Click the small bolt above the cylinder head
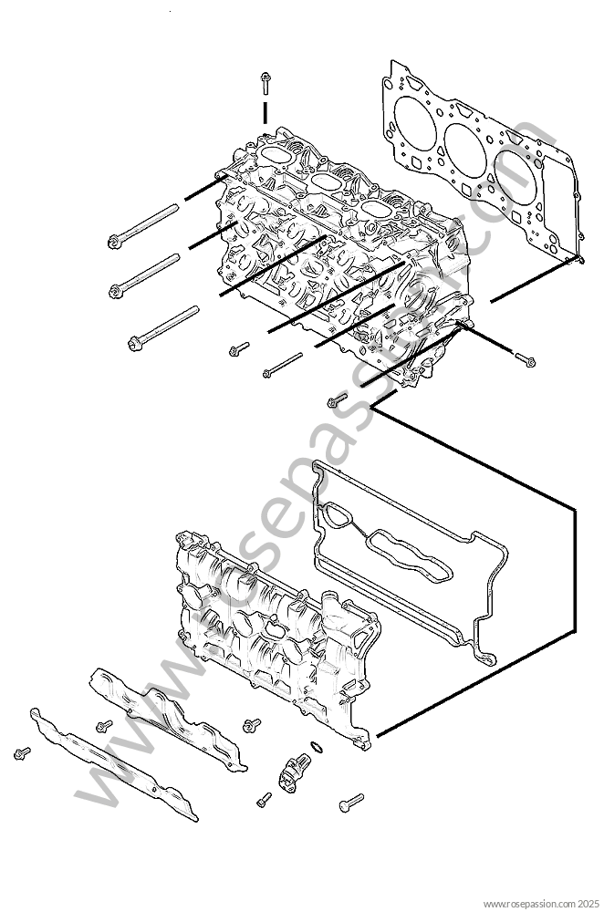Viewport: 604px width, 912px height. tap(265, 82)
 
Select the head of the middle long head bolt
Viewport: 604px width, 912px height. tap(116, 292)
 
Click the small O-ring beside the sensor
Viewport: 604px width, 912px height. tap(316, 748)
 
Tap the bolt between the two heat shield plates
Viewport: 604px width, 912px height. tap(104, 725)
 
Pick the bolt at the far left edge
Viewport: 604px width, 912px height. tap(22, 753)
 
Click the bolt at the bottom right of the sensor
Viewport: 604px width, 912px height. tap(351, 803)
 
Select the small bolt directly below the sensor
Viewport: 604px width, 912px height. tap(264, 799)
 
